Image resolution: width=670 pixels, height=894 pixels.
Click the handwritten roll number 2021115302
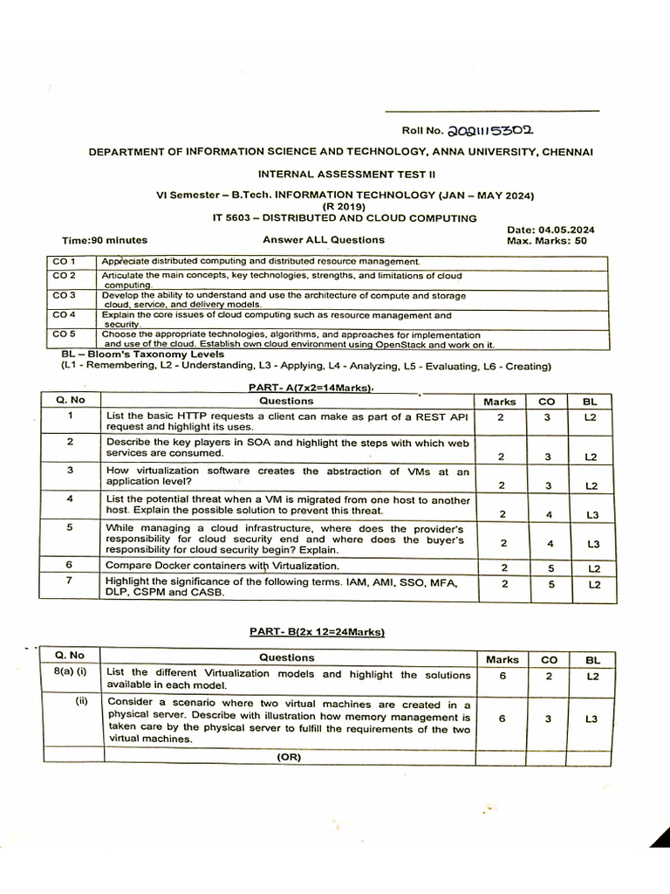point(490,131)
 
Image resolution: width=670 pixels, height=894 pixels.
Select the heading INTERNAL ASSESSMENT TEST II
point(340,174)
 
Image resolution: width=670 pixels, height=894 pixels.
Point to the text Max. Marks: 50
point(546,240)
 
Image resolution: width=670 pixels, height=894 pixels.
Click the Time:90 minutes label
point(105,240)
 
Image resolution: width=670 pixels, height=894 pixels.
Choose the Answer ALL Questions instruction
point(323,239)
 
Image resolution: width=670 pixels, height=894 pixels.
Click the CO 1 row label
point(65,261)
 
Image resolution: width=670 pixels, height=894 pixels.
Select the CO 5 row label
point(65,334)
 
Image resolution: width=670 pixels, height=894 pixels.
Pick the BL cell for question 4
point(592,515)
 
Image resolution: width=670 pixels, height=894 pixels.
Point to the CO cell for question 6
point(549,568)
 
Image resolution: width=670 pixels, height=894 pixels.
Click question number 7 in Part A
point(71,581)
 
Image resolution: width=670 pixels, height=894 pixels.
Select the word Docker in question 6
point(173,566)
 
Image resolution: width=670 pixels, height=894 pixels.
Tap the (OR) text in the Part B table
point(288,757)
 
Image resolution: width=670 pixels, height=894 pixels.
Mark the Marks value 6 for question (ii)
point(502,719)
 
